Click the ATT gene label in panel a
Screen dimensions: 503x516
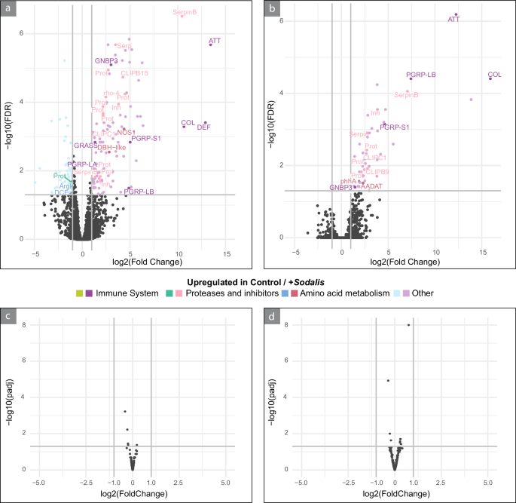215,40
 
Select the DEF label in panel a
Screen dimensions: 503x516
203,127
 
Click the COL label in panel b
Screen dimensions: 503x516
495,75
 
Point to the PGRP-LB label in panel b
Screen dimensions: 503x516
421,75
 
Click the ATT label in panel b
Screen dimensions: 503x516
453,20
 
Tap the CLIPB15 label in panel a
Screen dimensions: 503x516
135,73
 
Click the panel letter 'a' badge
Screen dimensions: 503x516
8,8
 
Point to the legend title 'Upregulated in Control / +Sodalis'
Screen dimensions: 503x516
257,280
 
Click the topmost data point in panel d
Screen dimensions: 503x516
408,325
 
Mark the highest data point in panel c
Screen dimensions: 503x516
125,411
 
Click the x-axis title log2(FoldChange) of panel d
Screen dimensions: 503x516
394,494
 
